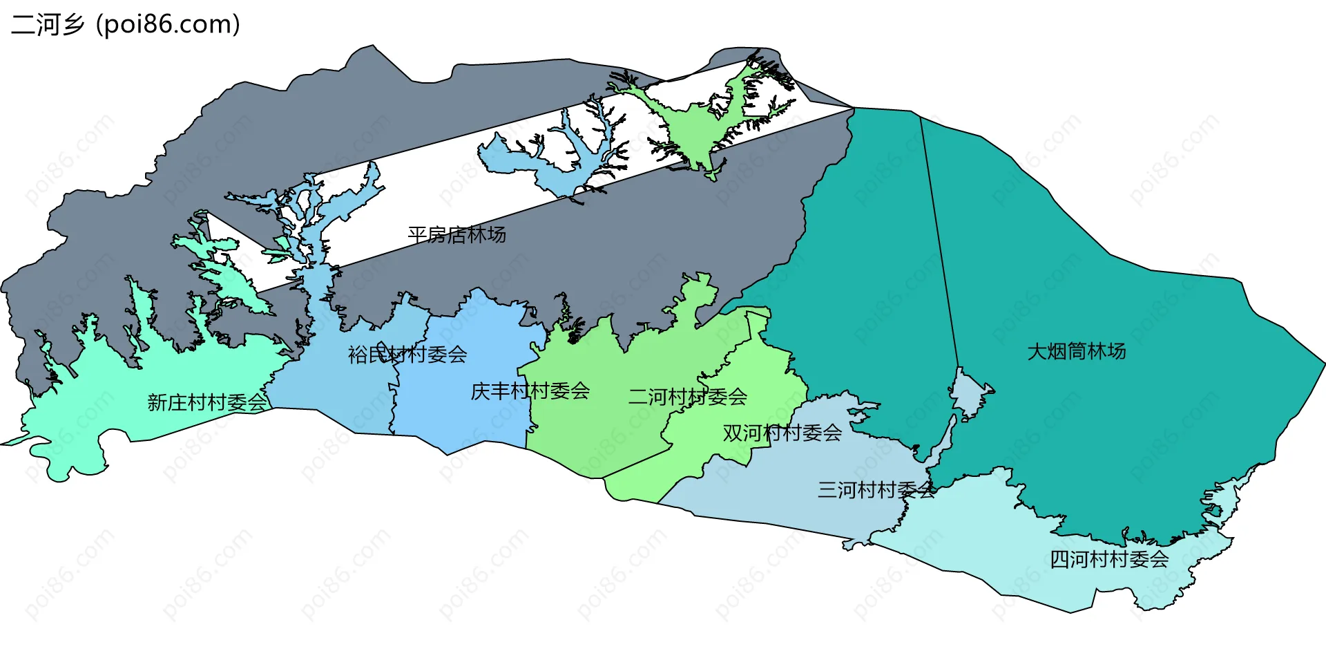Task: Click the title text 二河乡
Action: tap(47, 25)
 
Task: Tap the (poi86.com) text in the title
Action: tap(169, 25)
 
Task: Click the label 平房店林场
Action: tap(457, 235)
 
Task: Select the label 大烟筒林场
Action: tap(1076, 352)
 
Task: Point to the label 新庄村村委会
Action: tap(206, 402)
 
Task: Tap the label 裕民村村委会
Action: tap(407, 355)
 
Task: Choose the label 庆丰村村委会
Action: tap(530, 392)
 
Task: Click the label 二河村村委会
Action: tap(687, 397)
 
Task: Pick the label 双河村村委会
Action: tap(782, 433)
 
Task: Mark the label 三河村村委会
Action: tap(876, 490)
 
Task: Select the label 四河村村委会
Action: tap(1108, 559)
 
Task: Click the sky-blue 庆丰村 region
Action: tap(470, 422)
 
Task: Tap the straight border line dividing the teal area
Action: tap(939, 242)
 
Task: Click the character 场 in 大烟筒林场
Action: tap(1117, 352)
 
